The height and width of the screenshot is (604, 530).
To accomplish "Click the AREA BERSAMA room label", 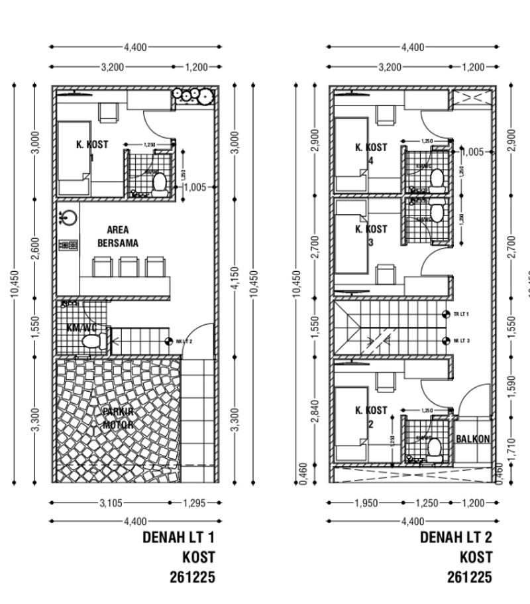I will point(118,237).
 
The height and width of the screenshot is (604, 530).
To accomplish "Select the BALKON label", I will point(473,439).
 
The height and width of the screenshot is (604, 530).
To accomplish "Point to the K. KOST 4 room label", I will point(371,153).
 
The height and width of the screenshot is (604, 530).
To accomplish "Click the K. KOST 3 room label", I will point(371,235).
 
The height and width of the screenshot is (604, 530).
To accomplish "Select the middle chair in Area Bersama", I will point(128,267).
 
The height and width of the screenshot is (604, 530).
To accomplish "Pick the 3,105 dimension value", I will point(111,503).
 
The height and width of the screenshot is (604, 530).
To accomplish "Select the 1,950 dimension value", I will point(366,503).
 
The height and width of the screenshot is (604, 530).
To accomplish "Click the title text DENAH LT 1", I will point(179,537).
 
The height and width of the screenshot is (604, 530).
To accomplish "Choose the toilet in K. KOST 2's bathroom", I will point(435,449).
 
